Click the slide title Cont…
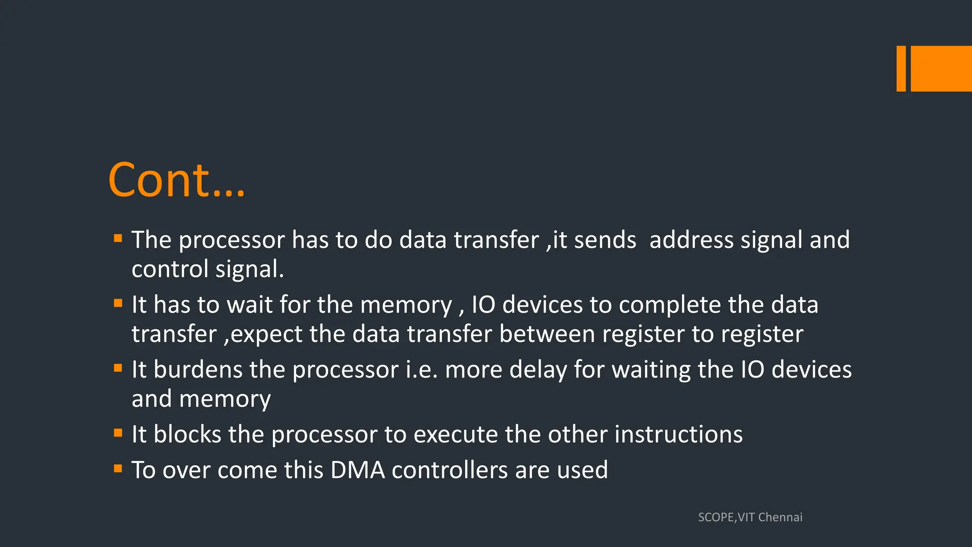click(x=177, y=180)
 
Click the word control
click(x=170, y=269)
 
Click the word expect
click(x=266, y=334)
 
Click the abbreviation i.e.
click(x=421, y=370)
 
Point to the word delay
click(x=538, y=370)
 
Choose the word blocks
click(x=187, y=434)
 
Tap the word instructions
click(x=678, y=434)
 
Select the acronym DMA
click(x=357, y=470)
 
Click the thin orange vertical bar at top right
click(x=901, y=68)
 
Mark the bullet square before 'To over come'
click(x=118, y=469)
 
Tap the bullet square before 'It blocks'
click(x=118, y=433)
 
